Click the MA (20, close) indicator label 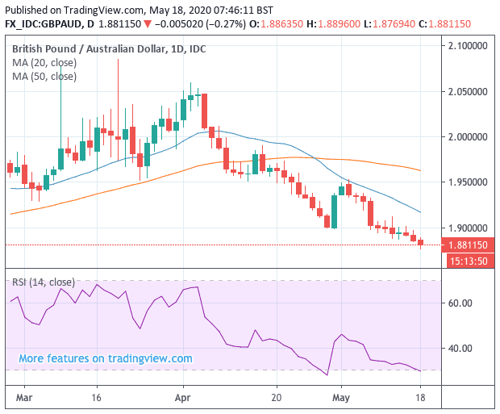44,63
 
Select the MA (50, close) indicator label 44,77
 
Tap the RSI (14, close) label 44,282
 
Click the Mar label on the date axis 25,398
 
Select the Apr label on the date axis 182,398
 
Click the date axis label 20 277,398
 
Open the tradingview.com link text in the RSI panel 106,358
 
